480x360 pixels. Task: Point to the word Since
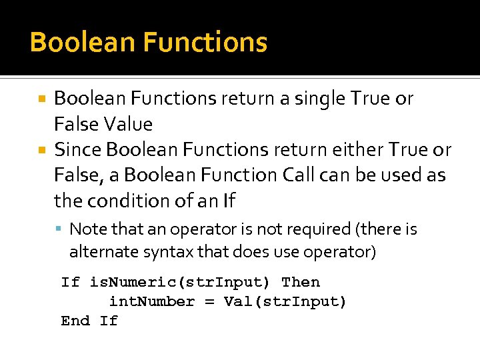pos(78,149)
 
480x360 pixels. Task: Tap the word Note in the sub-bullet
pos(88,229)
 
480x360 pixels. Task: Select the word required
pos(316,229)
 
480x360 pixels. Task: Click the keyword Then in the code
pos(301,282)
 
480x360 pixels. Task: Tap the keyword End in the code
pos(75,321)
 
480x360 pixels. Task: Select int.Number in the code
pos(152,301)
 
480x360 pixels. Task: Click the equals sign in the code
pos(209,301)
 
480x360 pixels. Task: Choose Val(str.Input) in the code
pos(285,301)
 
